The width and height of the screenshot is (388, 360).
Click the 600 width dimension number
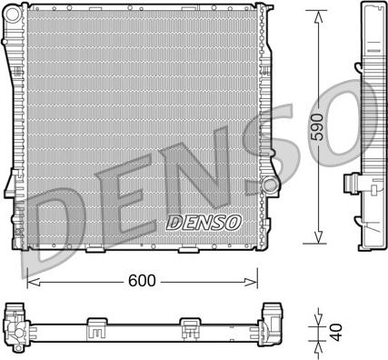[x=142, y=281]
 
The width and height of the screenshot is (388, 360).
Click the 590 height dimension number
[x=318, y=127]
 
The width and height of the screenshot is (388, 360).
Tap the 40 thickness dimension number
[x=336, y=332]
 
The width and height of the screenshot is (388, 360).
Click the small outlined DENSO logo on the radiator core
[x=204, y=223]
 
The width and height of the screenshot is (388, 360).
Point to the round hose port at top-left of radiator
[x=13, y=15]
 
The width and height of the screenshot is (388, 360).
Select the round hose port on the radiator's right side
[x=270, y=185]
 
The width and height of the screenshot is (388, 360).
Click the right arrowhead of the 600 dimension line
[x=251, y=282]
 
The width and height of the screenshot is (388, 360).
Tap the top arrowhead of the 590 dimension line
[x=318, y=17]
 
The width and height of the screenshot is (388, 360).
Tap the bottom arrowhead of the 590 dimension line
[x=318, y=236]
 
